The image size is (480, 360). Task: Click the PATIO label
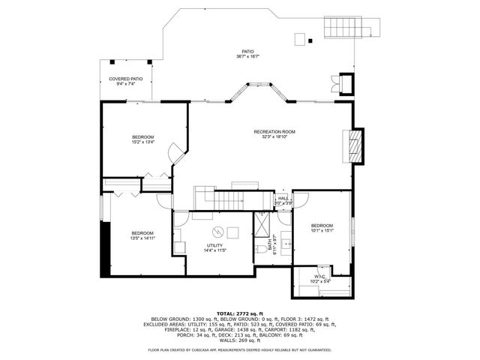[247, 52]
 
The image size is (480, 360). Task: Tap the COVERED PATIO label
[125, 79]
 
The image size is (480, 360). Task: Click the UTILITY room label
[214, 245]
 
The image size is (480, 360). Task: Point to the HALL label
[283, 199]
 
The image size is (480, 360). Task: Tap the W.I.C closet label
[319, 277]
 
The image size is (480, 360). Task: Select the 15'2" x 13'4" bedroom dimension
[142, 142]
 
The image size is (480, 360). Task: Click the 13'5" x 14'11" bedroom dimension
[142, 238]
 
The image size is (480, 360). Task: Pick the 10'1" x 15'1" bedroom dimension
[322, 231]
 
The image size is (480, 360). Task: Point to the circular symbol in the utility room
[218, 232]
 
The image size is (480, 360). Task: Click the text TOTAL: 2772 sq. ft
[240, 312]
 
